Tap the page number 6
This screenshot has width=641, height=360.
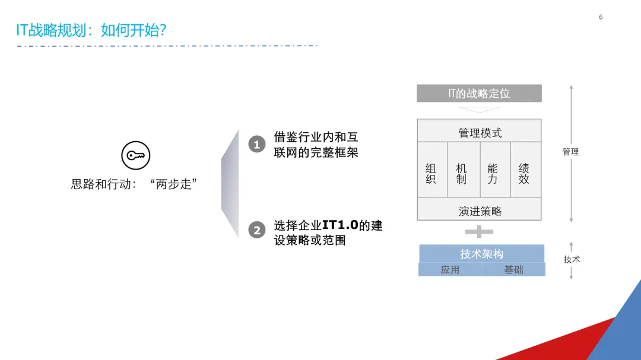(601, 17)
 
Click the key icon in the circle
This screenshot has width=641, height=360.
(136, 156)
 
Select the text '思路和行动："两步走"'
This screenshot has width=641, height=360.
(134, 184)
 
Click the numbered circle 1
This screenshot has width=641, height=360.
(256, 144)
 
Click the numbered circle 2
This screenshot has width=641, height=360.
(256, 230)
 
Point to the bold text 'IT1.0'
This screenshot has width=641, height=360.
(341, 225)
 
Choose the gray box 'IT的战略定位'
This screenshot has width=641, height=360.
(479, 93)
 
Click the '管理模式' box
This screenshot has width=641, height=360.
(479, 132)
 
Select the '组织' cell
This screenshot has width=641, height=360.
(431, 174)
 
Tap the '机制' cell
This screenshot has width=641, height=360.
(462, 174)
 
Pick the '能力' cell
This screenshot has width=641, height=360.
(493, 174)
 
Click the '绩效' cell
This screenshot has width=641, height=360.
(524, 174)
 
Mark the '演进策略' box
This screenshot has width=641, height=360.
(479, 211)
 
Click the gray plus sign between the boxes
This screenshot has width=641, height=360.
(480, 231)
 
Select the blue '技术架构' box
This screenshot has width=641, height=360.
(481, 254)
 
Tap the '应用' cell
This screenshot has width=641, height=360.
(450, 270)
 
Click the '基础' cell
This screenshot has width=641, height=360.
(513, 270)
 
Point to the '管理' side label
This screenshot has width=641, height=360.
(570, 152)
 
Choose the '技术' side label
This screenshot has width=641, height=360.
(572, 259)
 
